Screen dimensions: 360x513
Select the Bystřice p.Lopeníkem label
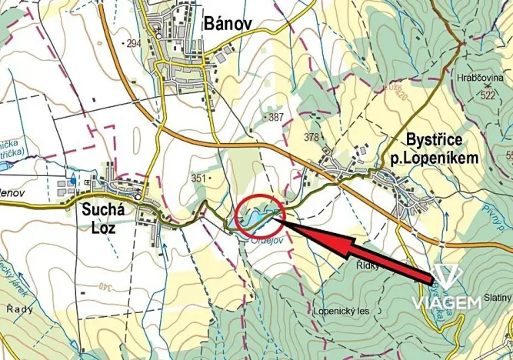[441, 149]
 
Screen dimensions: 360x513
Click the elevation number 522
[487, 95]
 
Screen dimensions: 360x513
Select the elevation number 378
[311, 138]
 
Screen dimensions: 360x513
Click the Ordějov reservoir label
[266, 239]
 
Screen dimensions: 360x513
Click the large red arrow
[354, 247]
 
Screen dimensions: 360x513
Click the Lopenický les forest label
[341, 312]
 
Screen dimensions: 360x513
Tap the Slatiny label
[498, 298]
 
